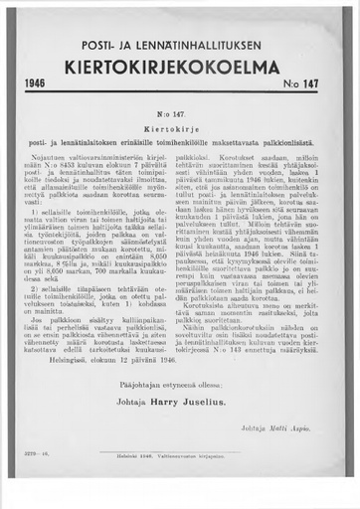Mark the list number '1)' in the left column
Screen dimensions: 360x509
point(35,211)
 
